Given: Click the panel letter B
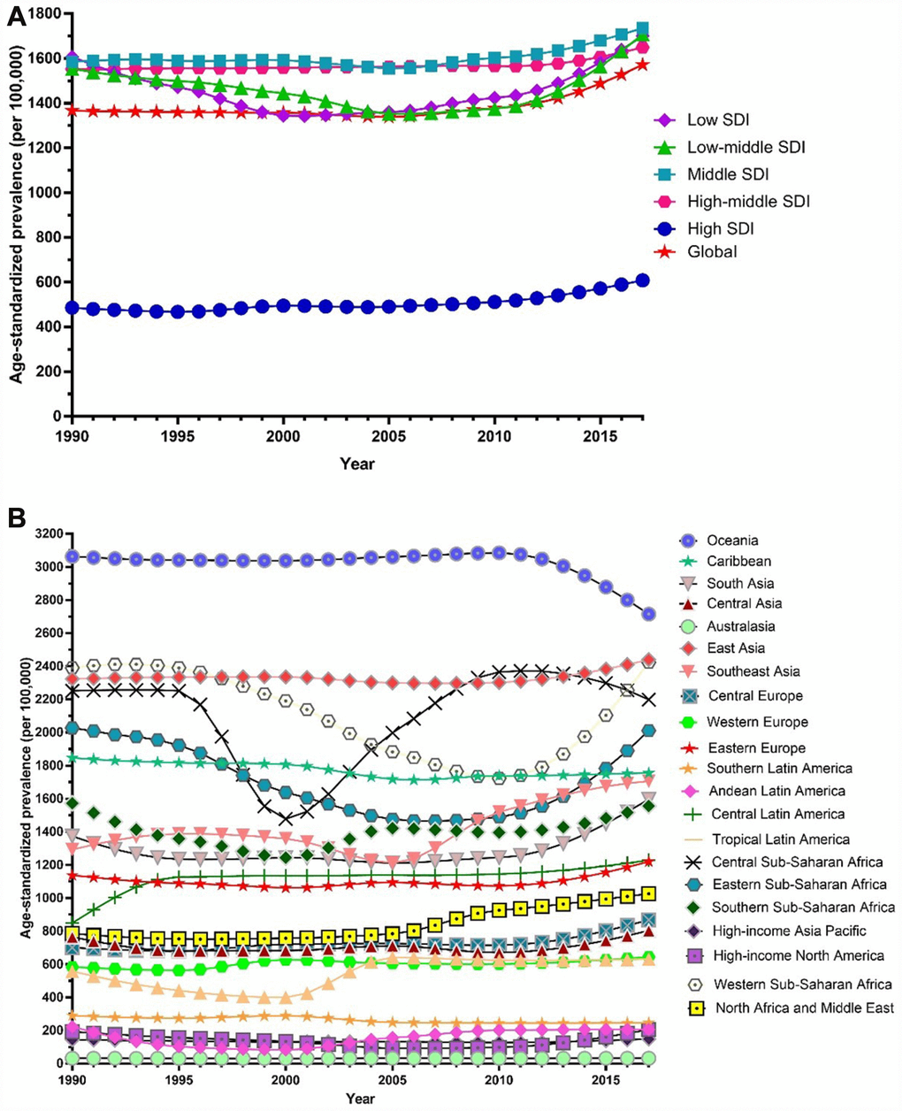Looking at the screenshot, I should point(16,516).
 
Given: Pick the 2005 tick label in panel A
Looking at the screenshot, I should point(387,436).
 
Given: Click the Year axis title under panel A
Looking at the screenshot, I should point(357,464).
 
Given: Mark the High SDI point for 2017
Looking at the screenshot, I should point(643,280).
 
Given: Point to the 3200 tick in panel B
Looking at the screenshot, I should point(46,534).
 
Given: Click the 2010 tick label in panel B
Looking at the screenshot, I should point(498,1081).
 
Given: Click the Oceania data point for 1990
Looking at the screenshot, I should point(73,556).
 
